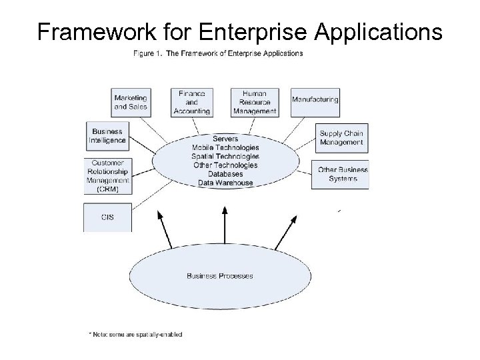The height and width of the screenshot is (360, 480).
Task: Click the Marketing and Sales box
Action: pos(130,103)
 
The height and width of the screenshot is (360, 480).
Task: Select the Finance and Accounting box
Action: pos(192,103)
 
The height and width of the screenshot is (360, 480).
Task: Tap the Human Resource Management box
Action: pos(254,103)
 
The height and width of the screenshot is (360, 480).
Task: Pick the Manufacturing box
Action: pos(315,100)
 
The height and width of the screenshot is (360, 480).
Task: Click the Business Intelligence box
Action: pos(107,136)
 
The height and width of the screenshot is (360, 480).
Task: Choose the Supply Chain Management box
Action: pos(341,138)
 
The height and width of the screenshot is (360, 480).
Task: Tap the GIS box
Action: pos(107,217)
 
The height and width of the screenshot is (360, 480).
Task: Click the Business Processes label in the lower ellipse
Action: pos(219,275)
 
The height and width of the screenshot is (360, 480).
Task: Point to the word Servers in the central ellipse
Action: pos(225,139)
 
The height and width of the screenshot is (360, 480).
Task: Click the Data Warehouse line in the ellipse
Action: pos(225,183)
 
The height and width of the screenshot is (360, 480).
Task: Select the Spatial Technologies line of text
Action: pos(225,157)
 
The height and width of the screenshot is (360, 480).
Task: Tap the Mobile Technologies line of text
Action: pos(225,148)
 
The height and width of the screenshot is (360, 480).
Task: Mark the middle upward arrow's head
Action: pos(225,210)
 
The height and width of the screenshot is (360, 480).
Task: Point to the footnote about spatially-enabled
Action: pos(135,334)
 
